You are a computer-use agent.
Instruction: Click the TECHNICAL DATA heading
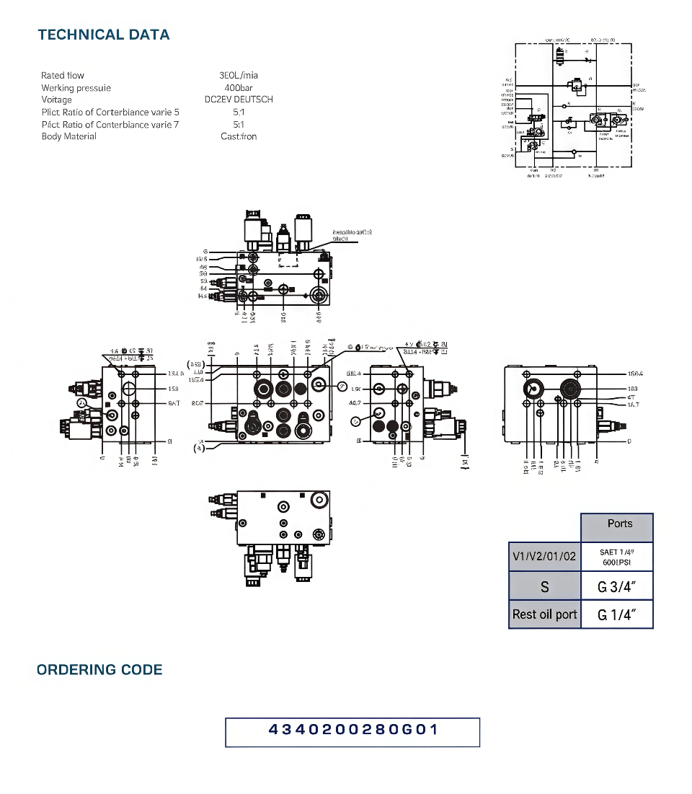coord(104,35)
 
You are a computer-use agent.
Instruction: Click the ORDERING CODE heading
coord(99,669)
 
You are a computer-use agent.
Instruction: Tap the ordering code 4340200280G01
coord(352,730)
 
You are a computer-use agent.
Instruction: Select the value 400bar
coord(239,88)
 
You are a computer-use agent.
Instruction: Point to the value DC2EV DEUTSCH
coord(239,100)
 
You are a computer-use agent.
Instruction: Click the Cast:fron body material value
coord(239,136)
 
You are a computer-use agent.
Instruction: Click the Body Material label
coord(68,136)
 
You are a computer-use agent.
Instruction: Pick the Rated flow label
coord(63,76)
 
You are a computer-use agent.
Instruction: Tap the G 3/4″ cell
coord(616,587)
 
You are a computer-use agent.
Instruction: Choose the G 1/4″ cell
coord(616,615)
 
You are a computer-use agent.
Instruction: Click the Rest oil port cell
coord(545,615)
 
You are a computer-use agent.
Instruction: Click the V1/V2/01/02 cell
coord(545,557)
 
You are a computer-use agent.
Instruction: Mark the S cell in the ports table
coord(545,587)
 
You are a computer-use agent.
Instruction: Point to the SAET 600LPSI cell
coord(616,557)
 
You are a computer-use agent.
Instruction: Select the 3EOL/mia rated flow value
coord(239,76)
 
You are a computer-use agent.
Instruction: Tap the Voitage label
coord(57,100)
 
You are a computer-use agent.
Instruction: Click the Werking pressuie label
coord(76,88)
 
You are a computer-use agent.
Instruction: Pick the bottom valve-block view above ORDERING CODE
coord(278,537)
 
